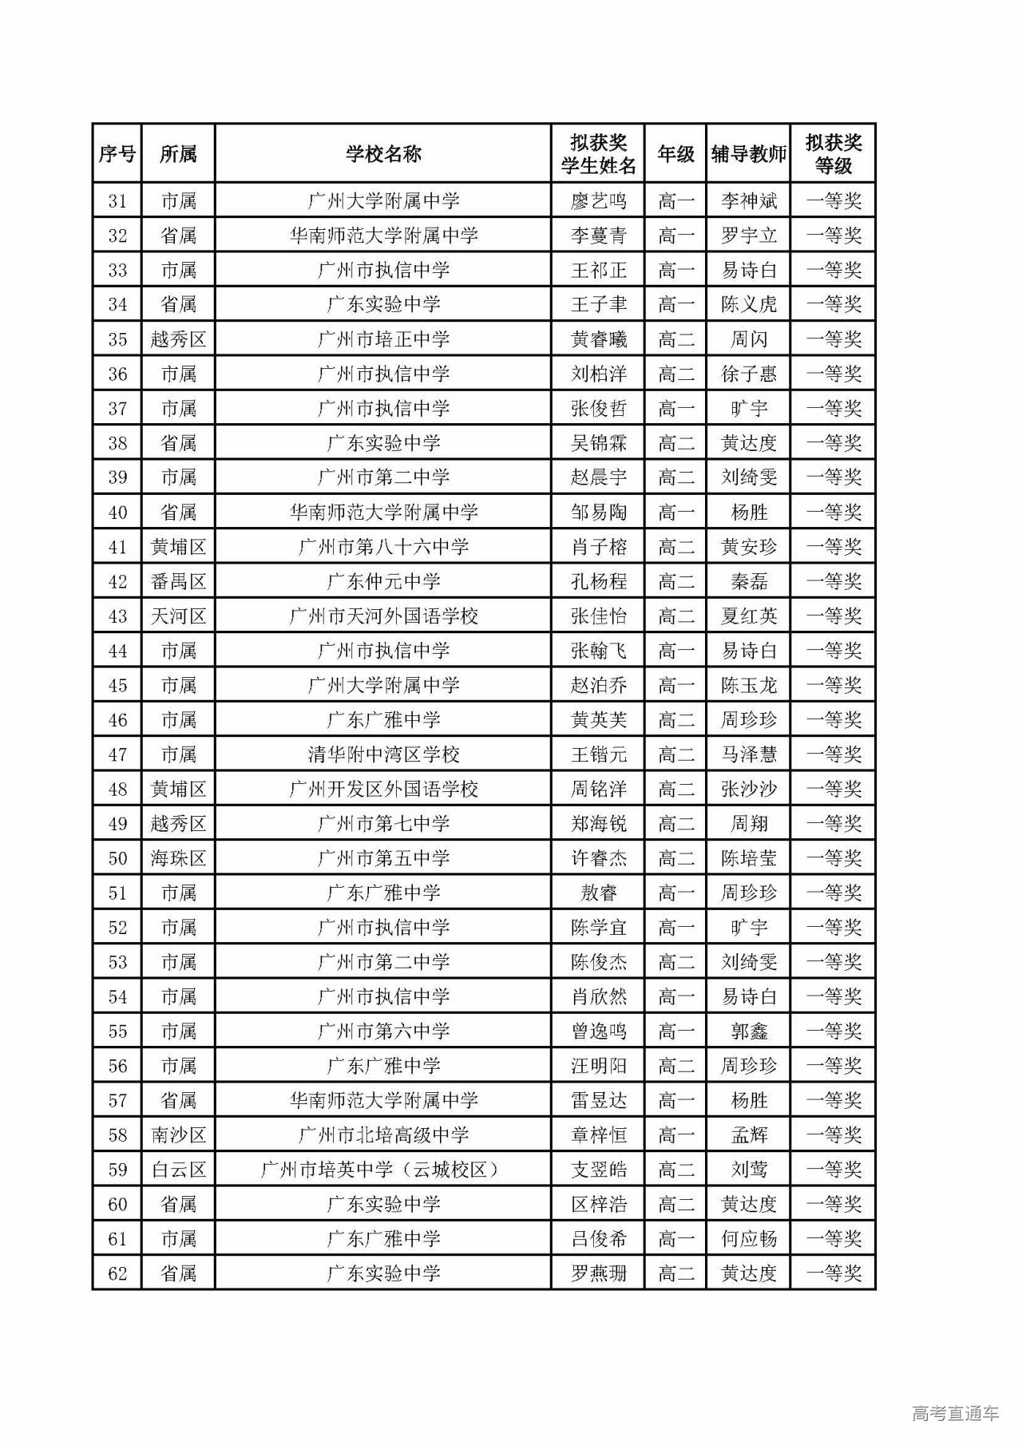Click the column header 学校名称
[x=383, y=153]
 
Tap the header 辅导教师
[x=748, y=153]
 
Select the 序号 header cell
[x=117, y=153]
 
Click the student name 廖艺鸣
[x=598, y=200]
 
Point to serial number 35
[x=117, y=339]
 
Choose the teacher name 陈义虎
[x=748, y=304]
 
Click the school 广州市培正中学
[x=383, y=339]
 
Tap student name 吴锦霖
[x=598, y=443]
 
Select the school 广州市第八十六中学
[x=383, y=547]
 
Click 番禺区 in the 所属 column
[x=178, y=581]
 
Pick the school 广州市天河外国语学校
[x=383, y=616]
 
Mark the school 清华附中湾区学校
[x=383, y=754]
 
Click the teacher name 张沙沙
[x=748, y=790]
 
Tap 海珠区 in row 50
[x=178, y=858]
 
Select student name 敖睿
[x=598, y=893]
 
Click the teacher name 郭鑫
[x=748, y=1031]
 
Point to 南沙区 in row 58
[x=178, y=1135]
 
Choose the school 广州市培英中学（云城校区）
[x=383, y=1170]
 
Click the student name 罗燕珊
[x=598, y=1273]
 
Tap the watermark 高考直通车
[x=954, y=1413]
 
